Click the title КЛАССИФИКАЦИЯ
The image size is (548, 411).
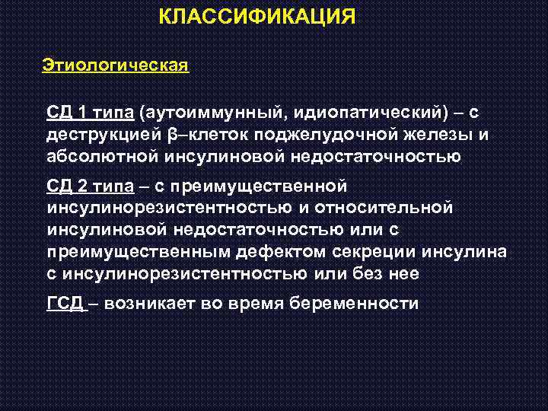[257, 16]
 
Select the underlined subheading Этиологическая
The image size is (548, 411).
[115, 65]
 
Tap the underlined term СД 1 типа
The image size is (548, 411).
[91, 113]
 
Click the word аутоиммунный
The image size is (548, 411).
[212, 113]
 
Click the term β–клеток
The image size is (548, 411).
[196, 135]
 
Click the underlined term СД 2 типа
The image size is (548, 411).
[91, 186]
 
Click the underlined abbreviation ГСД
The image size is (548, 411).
[65, 303]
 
